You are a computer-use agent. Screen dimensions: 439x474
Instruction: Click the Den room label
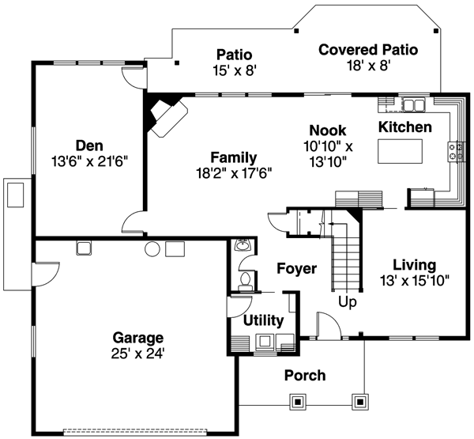(x=88, y=145)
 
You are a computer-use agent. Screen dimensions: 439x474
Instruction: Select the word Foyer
(x=296, y=269)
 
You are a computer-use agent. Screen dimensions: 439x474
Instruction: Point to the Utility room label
(x=263, y=320)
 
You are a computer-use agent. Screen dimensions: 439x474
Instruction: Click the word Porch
(x=304, y=375)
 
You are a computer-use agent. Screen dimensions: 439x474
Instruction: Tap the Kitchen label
(x=404, y=127)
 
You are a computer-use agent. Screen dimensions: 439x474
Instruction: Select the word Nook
(x=327, y=130)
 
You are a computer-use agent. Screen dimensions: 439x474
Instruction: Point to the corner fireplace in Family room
(x=165, y=116)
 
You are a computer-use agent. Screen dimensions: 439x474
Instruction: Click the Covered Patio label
(x=368, y=50)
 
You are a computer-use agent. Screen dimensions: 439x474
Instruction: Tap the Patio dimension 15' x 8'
(x=234, y=70)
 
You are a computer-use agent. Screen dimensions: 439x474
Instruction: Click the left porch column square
(x=298, y=402)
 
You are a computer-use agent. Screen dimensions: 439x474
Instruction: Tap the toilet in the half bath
(x=246, y=279)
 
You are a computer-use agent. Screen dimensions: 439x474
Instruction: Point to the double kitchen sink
(x=413, y=104)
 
